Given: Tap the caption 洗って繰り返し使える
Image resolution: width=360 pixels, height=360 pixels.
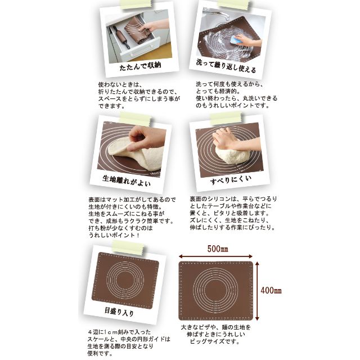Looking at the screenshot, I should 226,66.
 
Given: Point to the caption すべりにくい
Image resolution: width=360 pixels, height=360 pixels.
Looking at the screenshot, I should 231,180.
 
